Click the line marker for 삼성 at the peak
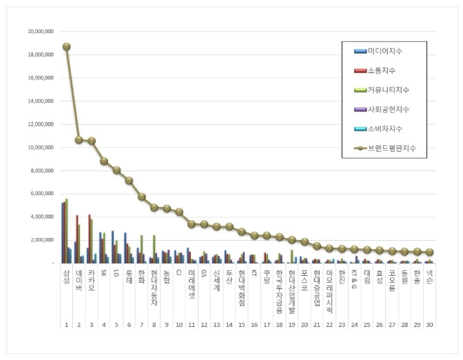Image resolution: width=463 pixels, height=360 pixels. tap(66, 47)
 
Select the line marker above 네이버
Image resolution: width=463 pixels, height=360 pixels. tap(79, 140)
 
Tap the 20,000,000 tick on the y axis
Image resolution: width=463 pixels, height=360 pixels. tap(41, 32)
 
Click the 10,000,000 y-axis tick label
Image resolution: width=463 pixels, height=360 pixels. tap(41, 147)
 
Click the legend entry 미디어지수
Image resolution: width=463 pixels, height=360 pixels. tap(384, 51)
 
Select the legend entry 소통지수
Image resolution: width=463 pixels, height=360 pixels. tap(382, 71)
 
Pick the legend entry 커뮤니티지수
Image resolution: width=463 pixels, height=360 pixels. tap(387, 91)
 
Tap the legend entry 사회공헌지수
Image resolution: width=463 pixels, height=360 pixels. tap(387, 109)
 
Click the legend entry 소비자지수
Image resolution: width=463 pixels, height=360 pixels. tap(384, 129)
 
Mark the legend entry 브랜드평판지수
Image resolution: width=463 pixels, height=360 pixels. tap(389, 149)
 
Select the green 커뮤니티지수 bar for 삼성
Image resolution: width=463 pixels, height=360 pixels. tap(67, 231)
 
